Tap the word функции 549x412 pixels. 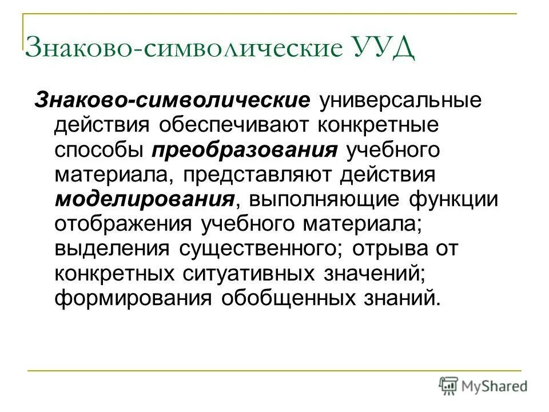point(451,200)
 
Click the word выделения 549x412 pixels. point(112,249)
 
